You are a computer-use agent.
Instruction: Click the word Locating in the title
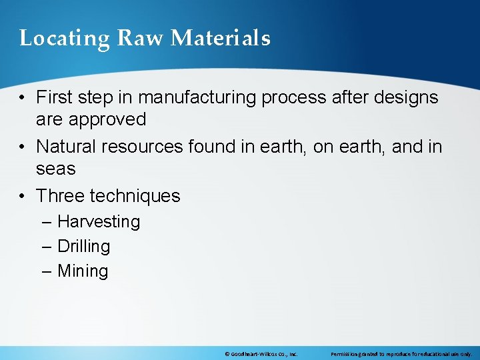click(x=64, y=39)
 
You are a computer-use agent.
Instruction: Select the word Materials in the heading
click(x=221, y=38)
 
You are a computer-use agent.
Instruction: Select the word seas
click(x=56, y=169)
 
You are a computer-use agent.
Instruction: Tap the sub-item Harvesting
click(x=99, y=222)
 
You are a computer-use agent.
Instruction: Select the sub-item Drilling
click(x=84, y=247)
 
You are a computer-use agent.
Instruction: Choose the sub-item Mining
click(x=83, y=271)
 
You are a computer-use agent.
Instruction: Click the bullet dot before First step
click(x=23, y=98)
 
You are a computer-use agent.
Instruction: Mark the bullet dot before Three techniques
click(x=23, y=197)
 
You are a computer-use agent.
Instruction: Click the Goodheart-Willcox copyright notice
click(x=261, y=354)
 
